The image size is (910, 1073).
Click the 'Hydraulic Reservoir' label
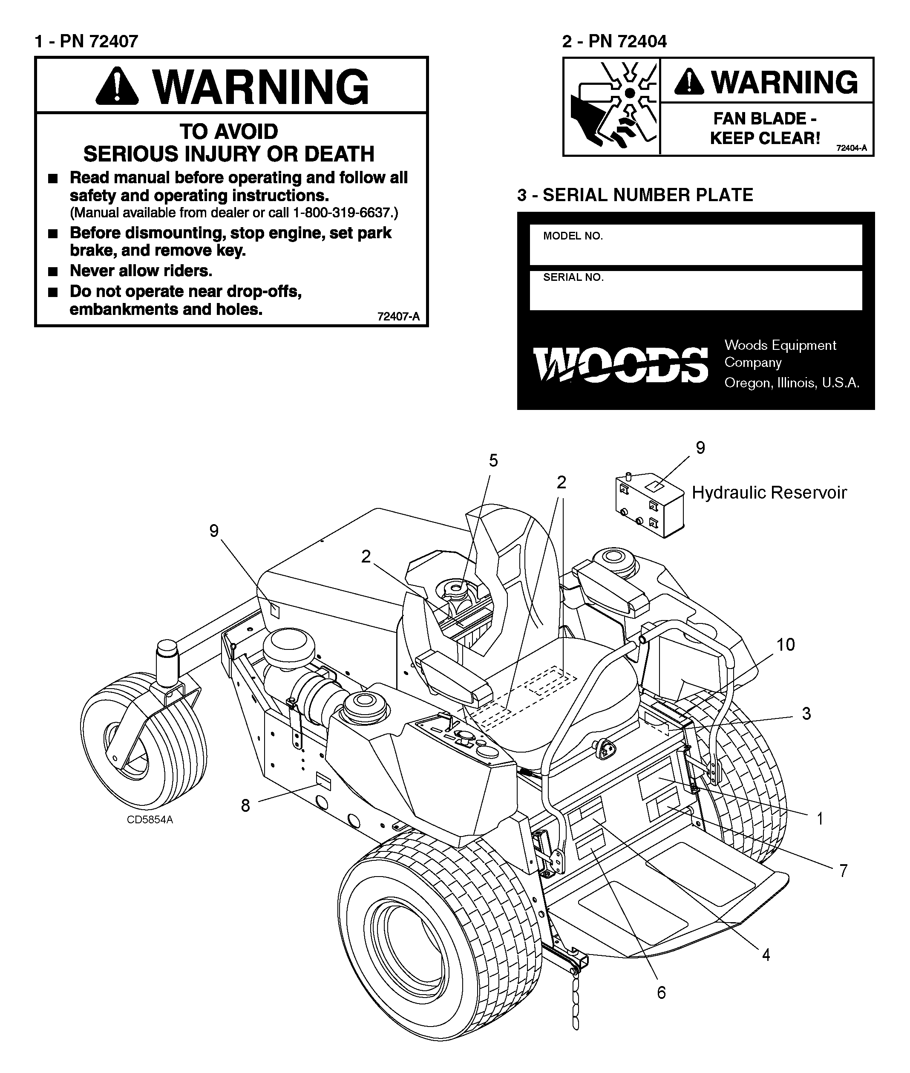pos(769,493)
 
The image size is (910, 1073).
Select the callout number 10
pos(785,644)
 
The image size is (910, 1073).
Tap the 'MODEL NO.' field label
pos(573,236)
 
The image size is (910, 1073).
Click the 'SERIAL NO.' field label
pos(573,277)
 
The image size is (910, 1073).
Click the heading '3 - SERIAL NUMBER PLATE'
pos(635,195)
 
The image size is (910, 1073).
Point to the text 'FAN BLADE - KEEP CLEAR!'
pos(765,128)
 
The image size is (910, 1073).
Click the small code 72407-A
pos(398,317)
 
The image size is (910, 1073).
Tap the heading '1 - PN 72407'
pos(86,41)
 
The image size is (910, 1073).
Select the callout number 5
pos(494,461)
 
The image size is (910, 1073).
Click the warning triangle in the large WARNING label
pos(118,86)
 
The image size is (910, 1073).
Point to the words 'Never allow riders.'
pos(141,271)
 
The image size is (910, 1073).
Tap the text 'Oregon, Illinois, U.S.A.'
pos(792,383)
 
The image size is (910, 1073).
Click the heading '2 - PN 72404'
pos(614,41)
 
